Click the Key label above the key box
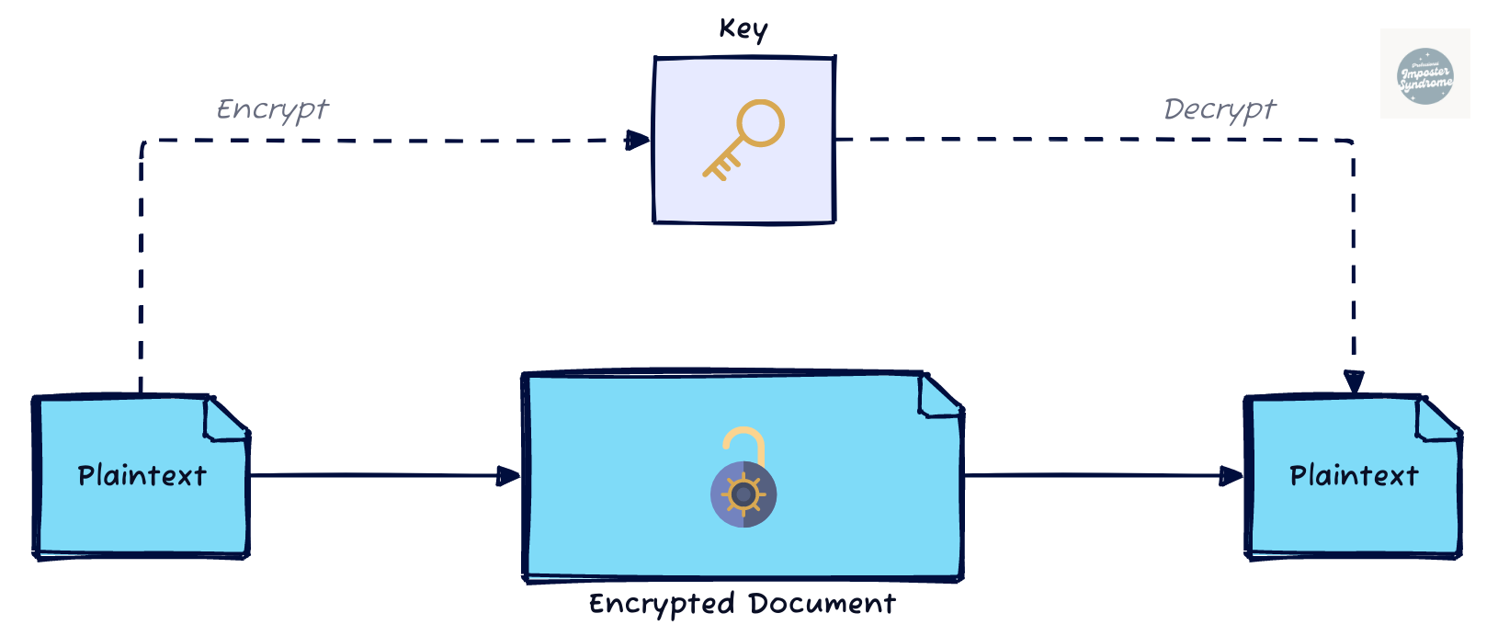click(743, 29)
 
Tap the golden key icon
click(743, 139)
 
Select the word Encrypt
click(272, 109)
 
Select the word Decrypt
click(1220, 109)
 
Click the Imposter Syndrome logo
click(1424, 74)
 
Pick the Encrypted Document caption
click(742, 604)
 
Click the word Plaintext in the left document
click(142, 476)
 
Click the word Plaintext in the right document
click(1354, 476)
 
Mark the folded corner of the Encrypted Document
click(939, 395)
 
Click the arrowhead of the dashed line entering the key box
click(638, 140)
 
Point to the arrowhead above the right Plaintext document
click(1354, 381)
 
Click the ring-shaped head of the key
click(761, 123)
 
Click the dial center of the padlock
click(743, 494)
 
